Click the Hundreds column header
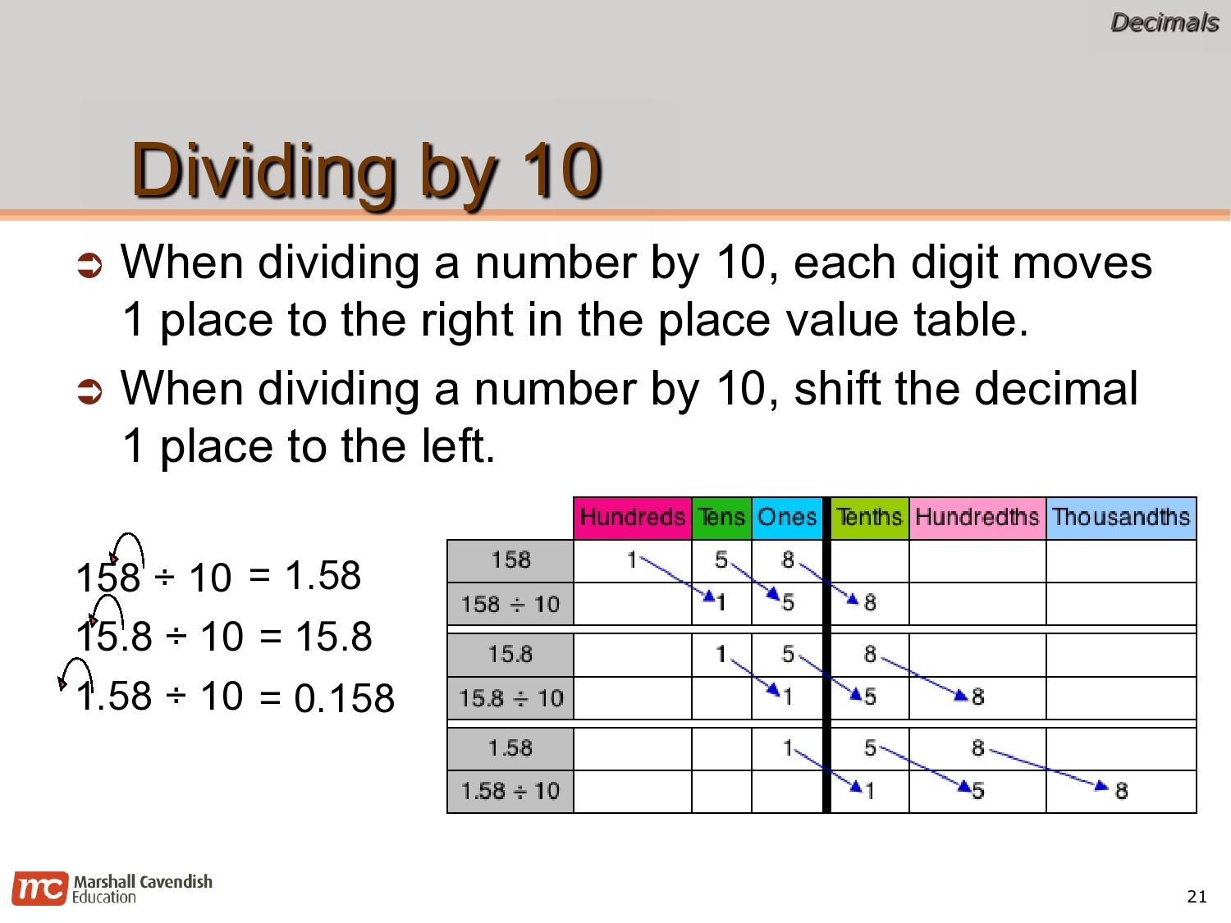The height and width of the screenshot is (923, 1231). (x=632, y=518)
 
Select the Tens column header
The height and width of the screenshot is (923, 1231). (x=721, y=518)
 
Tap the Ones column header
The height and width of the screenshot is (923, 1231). (x=787, y=518)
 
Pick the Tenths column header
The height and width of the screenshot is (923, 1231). (x=869, y=518)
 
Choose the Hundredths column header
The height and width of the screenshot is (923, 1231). (x=977, y=518)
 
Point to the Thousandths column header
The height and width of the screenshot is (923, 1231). (x=1121, y=518)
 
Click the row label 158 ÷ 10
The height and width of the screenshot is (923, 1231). (x=510, y=605)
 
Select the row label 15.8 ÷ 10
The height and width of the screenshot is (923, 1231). (x=510, y=698)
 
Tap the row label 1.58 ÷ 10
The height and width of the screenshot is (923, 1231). (x=510, y=792)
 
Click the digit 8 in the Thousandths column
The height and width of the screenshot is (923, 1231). (x=1121, y=791)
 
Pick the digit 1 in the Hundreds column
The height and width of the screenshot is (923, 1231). (x=631, y=560)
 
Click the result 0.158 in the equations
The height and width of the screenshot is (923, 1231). (x=345, y=698)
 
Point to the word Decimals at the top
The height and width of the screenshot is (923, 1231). (x=1164, y=23)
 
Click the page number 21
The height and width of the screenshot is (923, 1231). (x=1197, y=897)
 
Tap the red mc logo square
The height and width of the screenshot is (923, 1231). (x=39, y=889)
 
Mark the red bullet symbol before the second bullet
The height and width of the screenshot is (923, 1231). (x=89, y=391)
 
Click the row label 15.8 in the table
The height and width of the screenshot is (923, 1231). (x=510, y=655)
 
